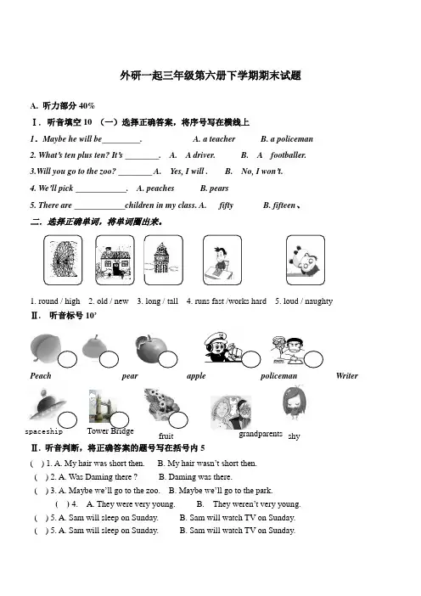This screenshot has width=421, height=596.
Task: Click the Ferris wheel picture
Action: (x=63, y=260)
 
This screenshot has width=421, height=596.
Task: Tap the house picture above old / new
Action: (x=115, y=260)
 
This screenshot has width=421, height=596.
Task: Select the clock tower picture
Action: (x=163, y=260)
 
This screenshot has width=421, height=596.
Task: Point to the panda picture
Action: (x=306, y=260)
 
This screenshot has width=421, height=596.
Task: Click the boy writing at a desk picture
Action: (x=222, y=260)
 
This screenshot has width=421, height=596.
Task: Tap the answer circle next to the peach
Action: (x=67, y=359)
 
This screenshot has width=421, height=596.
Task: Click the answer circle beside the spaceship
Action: (x=67, y=420)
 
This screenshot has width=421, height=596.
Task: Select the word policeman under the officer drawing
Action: (x=279, y=376)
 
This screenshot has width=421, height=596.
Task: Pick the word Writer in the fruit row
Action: (x=347, y=376)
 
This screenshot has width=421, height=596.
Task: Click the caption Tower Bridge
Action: (x=110, y=431)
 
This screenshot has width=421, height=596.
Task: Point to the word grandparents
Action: (x=261, y=434)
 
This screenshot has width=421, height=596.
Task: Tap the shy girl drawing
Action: (x=294, y=403)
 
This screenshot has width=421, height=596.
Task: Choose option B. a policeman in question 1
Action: (x=287, y=139)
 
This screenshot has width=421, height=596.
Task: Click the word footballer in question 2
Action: (x=288, y=155)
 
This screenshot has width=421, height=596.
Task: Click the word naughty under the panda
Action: (x=318, y=301)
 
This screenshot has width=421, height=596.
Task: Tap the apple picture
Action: (x=151, y=349)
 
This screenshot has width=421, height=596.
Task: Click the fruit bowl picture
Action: (x=162, y=404)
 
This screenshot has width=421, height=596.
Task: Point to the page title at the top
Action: (x=210, y=76)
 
